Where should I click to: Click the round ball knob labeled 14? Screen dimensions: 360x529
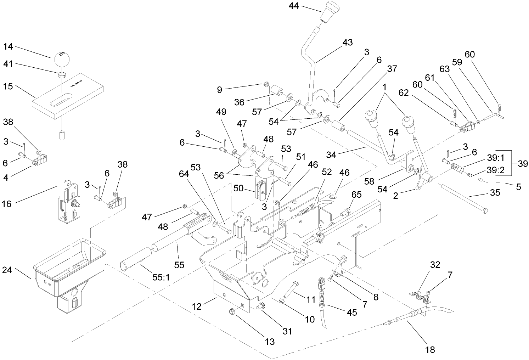pos(63,59)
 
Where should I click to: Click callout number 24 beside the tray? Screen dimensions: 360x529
pos(7,270)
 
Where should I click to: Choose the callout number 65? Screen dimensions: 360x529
pos(356,195)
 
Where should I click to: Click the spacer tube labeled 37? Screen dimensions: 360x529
pos(339,126)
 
